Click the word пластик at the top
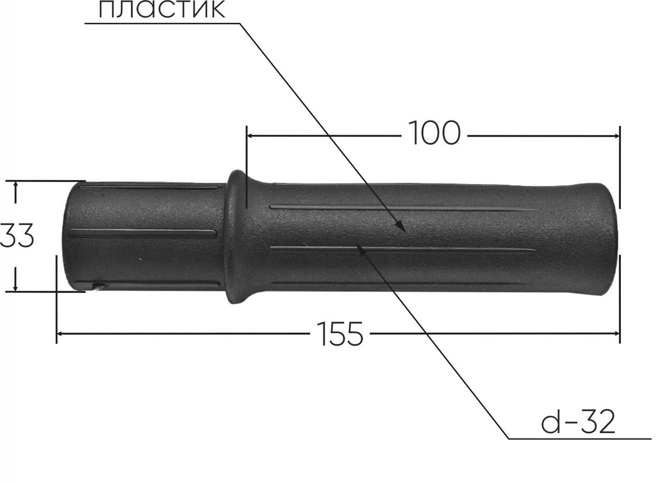162,10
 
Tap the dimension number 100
434,133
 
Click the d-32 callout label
578,423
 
